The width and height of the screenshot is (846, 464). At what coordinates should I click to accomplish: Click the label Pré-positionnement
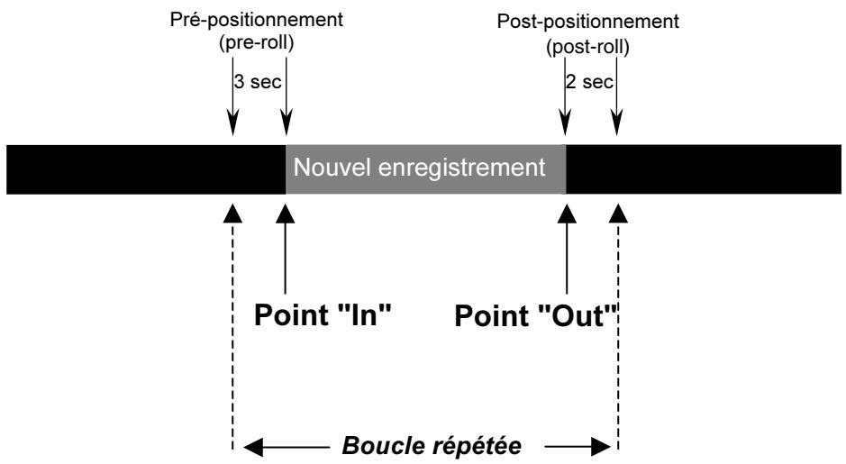256,21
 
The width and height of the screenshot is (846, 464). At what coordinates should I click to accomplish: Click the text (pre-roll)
256,42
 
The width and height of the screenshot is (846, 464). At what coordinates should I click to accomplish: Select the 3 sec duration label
258,82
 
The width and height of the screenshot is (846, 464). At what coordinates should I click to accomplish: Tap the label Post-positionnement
587,23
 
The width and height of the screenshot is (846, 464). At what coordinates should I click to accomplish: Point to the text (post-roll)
587,48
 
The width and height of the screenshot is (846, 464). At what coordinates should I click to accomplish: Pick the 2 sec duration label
589,82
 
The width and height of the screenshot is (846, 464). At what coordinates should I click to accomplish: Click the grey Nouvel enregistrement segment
425,168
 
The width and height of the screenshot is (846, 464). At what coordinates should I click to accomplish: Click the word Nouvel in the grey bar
332,168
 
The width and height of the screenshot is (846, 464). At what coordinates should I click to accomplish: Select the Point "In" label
323,314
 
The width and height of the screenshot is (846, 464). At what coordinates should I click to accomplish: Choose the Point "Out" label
536,315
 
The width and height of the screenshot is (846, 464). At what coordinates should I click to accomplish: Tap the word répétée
476,447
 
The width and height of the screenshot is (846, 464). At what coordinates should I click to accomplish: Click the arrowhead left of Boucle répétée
253,447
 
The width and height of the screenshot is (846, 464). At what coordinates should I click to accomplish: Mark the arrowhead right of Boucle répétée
601,447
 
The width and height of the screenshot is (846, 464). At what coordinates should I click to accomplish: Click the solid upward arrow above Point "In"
286,250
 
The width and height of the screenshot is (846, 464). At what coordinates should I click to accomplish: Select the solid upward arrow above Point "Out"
567,250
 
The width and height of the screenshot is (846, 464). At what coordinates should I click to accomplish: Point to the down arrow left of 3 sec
232,96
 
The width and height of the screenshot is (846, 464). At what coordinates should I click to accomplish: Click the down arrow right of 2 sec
616,96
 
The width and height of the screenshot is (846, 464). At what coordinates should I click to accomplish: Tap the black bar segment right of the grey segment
704,168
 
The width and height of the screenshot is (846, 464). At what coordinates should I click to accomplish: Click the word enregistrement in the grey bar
462,168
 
